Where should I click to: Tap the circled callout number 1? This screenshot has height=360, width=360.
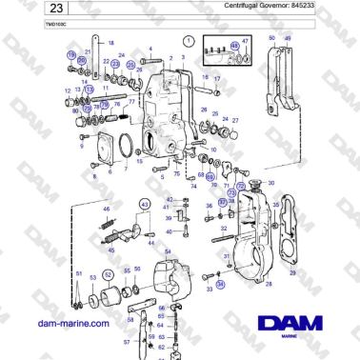(189, 41)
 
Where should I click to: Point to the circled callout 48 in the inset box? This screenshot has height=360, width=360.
(235, 45)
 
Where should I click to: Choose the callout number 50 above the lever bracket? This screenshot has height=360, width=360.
(272, 38)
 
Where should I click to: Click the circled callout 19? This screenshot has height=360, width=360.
(70, 56)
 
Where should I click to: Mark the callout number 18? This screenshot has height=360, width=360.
(110, 44)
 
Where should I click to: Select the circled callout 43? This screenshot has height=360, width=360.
(145, 204)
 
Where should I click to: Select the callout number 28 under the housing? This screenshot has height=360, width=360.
(268, 284)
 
